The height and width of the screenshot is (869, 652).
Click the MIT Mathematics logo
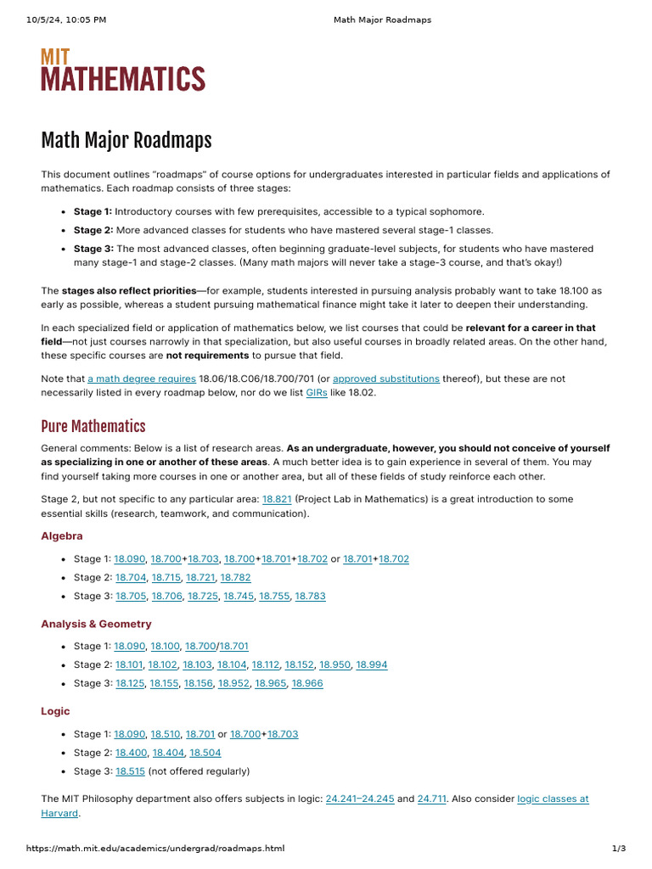[123, 70]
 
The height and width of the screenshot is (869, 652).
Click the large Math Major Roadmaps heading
[126, 140]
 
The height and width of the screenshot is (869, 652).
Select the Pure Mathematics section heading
[93, 426]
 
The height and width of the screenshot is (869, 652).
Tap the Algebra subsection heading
[62, 535]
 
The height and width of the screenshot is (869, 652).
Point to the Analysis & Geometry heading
[96, 624]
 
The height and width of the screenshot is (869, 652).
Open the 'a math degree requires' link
[142, 378]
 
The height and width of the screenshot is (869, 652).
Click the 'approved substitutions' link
[386, 378]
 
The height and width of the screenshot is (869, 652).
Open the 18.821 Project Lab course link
[277, 500]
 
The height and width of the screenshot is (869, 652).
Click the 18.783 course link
[310, 596]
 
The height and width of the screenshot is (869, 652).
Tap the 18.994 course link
[372, 664]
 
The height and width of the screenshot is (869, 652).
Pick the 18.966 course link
[307, 683]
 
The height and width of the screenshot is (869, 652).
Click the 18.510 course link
[165, 733]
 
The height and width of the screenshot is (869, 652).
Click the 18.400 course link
[129, 752]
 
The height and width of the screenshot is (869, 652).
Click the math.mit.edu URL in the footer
[155, 849]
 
